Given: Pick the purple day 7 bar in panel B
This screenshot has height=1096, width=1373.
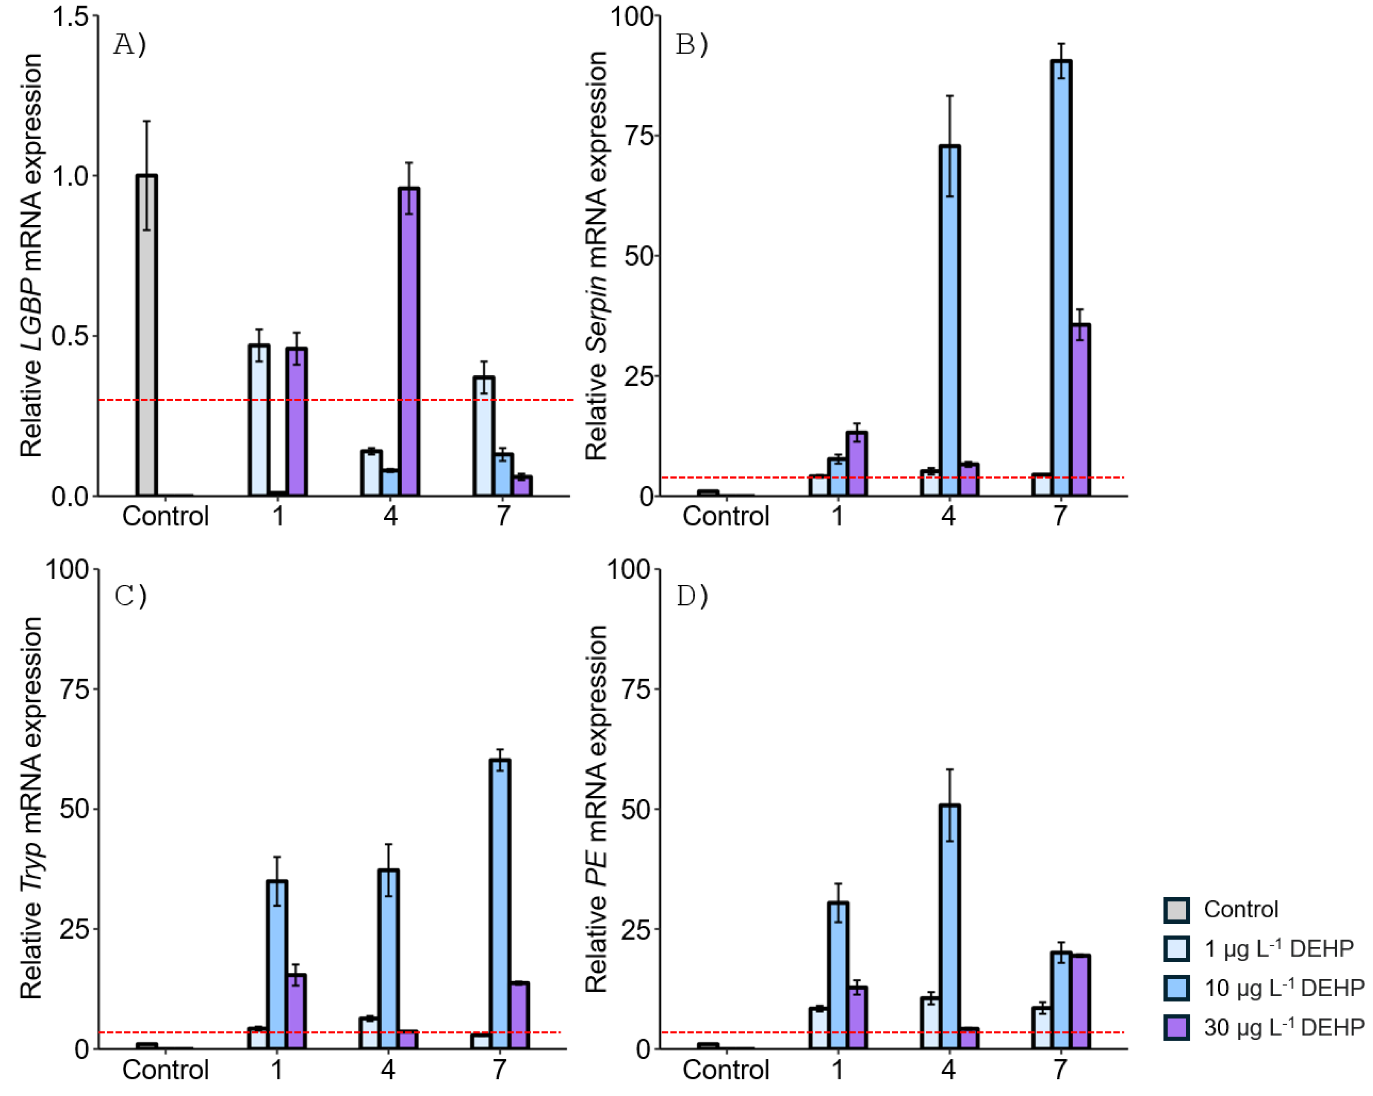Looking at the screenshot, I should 1081,410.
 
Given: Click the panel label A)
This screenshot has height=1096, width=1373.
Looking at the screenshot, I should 129,45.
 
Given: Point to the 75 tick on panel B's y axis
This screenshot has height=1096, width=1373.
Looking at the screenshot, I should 639,136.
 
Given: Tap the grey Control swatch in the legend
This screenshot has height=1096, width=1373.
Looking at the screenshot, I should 1176,909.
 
